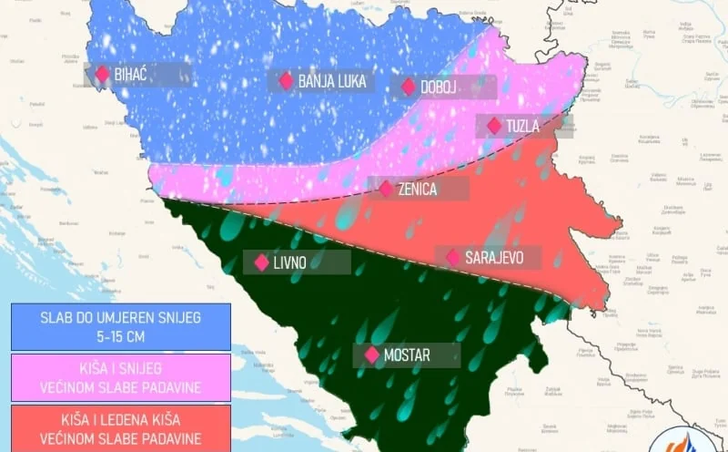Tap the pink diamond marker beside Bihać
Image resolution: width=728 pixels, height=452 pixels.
coord(99,74)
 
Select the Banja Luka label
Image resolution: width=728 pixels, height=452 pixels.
coord(332,81)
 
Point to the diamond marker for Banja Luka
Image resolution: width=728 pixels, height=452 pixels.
coord(286,81)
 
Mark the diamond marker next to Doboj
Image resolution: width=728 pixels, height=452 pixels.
coord(407,87)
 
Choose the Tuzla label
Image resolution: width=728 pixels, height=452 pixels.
coord(523,126)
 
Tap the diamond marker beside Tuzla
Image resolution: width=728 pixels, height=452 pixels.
coord(494,126)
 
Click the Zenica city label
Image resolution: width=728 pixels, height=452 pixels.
coord(417,190)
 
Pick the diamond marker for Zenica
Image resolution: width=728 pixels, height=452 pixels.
coord(386,189)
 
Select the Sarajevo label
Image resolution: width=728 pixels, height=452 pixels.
coord(494,258)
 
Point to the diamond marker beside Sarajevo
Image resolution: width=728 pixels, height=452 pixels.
coord(453,258)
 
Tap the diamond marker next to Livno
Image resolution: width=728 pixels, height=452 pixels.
coord(261,262)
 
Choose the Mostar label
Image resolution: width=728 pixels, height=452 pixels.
coord(407,355)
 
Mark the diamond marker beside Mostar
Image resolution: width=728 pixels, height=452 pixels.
coord(371,355)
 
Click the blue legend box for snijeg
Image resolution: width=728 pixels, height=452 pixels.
coord(121,326)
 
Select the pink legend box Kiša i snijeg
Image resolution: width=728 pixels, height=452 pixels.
coord(121,377)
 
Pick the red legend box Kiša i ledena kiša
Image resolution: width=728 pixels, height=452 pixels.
coord(121,427)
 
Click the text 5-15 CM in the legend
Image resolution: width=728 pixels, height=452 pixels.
coord(121,335)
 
